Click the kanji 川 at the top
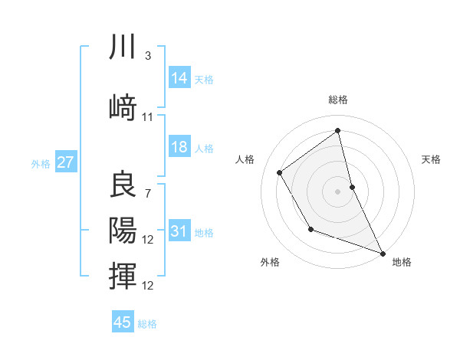click(x=123, y=47)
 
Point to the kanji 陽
click(x=123, y=229)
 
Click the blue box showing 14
click(x=179, y=78)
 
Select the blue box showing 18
click(x=179, y=147)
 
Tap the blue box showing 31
click(x=179, y=231)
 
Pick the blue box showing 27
click(x=66, y=162)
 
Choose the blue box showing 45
click(x=123, y=322)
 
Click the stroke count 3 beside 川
click(x=147, y=56)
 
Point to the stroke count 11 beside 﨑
click(x=148, y=117)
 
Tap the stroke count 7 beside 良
click(x=147, y=193)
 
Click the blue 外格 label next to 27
click(x=41, y=163)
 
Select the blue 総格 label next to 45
click(x=147, y=324)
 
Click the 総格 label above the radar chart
click(x=338, y=100)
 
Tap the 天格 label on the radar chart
click(x=432, y=159)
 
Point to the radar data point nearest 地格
click(x=383, y=254)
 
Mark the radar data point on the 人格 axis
click(x=280, y=173)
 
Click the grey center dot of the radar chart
click(x=337, y=191)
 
